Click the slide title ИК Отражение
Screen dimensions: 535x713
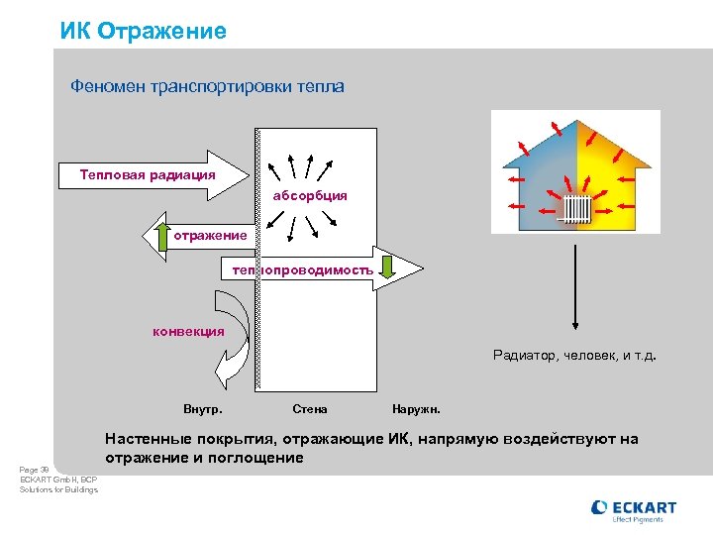coord(143,31)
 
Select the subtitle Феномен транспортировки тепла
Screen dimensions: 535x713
coord(207,87)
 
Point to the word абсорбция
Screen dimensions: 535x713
coord(310,195)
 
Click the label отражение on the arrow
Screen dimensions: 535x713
coord(210,235)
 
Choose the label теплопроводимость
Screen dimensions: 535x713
coord(302,269)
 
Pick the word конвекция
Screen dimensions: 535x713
coord(188,331)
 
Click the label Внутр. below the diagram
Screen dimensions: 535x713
coord(203,409)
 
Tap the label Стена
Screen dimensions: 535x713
coord(310,409)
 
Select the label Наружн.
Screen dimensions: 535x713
coord(417,409)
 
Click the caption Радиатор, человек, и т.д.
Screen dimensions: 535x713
coord(574,355)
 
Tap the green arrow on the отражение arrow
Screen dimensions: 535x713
coord(162,236)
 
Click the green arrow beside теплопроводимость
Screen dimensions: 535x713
coord(388,268)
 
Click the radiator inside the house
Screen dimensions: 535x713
coord(576,208)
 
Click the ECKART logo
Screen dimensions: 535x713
coord(634,510)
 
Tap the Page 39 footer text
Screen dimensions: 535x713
coord(35,470)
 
